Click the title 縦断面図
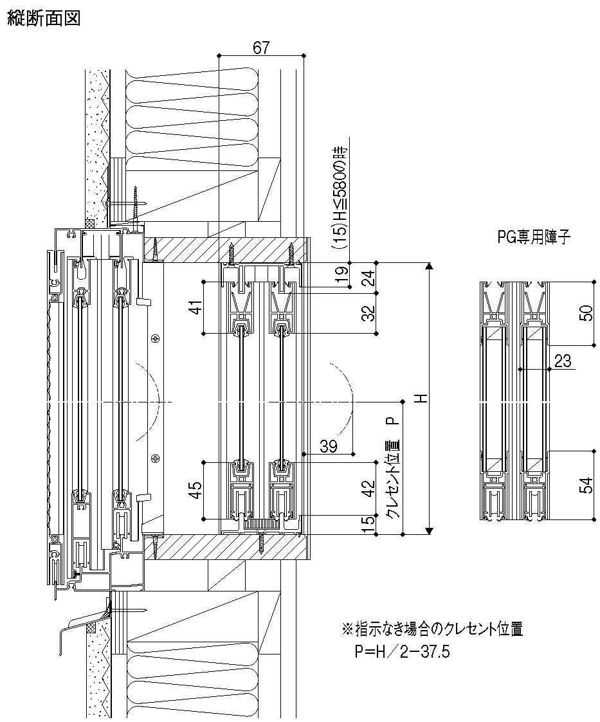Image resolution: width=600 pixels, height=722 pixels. point(44,19)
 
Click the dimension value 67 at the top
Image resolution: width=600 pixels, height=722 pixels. point(260,47)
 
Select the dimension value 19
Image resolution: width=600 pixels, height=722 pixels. point(343,275)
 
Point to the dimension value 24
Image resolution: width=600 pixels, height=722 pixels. point(368,278)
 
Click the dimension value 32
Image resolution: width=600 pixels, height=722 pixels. point(368,313)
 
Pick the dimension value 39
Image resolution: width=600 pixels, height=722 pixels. point(329,446)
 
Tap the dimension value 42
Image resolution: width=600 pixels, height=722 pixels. point(368,489)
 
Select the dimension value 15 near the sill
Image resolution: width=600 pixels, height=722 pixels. point(368,525)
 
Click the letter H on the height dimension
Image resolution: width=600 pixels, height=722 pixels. point(421,398)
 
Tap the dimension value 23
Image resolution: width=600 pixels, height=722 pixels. point(562,361)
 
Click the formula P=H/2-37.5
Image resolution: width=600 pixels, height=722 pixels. point(402,653)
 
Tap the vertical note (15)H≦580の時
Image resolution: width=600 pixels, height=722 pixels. point(341,197)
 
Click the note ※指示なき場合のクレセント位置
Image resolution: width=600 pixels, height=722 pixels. point(432,629)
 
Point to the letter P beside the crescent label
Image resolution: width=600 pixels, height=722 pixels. point(391,422)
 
